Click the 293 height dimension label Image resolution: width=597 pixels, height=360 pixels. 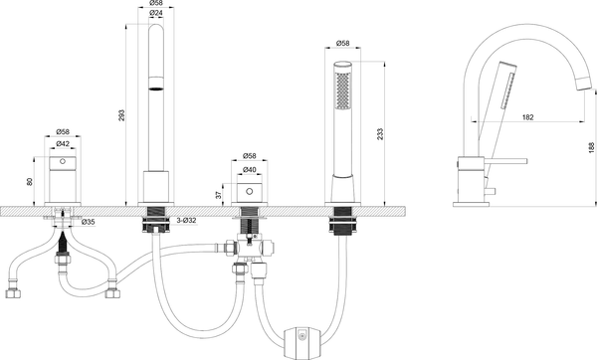121,115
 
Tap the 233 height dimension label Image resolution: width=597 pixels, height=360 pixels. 380,133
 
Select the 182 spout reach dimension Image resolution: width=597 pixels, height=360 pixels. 527,117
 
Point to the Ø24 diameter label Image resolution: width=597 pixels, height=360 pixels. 156,13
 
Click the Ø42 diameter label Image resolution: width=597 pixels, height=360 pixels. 63,143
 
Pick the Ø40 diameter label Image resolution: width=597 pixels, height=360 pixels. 250,170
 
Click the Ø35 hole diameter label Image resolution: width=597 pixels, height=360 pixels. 88,222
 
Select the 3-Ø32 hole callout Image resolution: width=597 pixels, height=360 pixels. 186,221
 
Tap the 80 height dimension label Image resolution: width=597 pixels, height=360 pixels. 30,182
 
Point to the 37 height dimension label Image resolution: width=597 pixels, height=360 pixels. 218,195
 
